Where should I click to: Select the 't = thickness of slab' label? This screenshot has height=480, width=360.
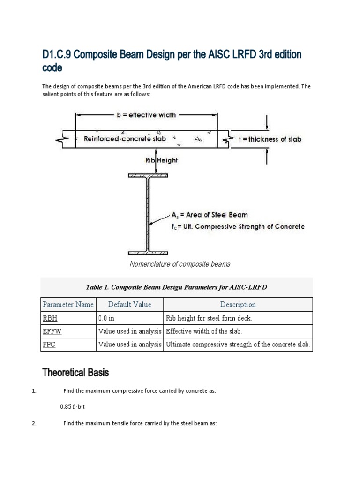269,139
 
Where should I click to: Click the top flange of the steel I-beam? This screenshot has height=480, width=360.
148,176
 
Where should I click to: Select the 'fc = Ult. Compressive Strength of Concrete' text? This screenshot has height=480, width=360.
238,226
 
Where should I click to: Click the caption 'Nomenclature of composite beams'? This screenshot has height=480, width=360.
180,264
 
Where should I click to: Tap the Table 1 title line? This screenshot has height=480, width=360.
176,287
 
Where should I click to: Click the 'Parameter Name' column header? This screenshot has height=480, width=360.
68,305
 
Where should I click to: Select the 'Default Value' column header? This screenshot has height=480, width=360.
129,305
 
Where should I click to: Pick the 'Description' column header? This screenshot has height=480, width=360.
238,305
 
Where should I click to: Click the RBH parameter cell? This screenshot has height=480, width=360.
49,318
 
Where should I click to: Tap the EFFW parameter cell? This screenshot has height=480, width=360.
52,331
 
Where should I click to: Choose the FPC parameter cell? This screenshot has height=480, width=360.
49,345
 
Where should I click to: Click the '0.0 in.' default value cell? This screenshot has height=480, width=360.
110,318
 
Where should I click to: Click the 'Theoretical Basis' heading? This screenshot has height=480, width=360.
75,373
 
